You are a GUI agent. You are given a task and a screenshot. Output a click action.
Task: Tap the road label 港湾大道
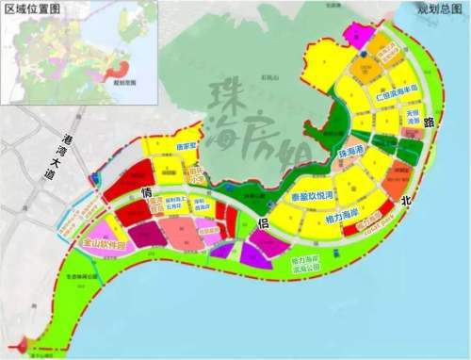click(71, 154)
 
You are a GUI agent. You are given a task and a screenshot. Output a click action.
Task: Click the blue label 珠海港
click(350, 153)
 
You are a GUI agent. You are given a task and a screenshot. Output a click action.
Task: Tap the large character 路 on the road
click(430, 123)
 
